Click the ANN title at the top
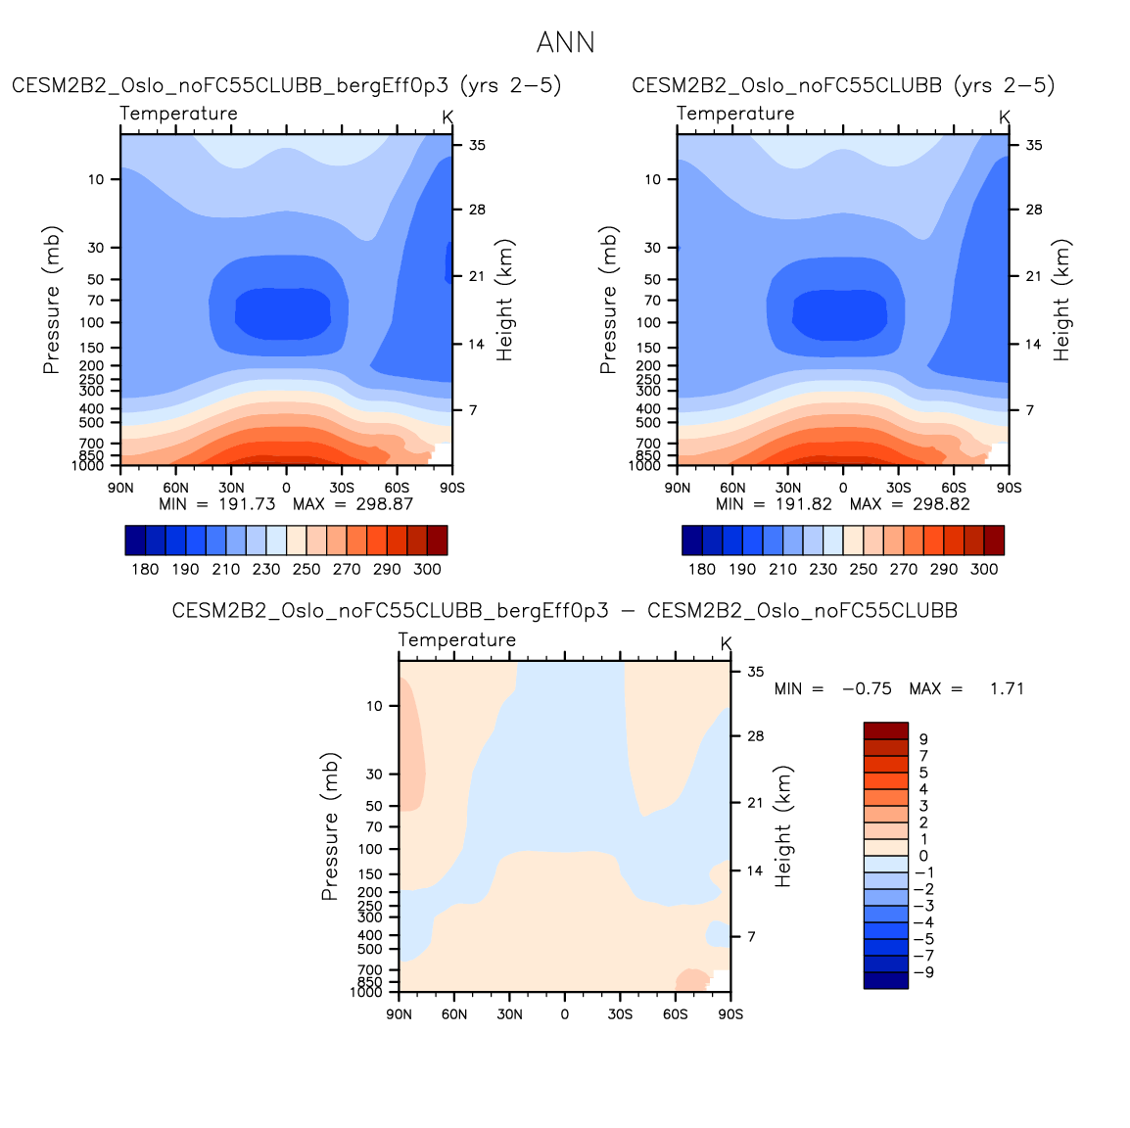(565, 43)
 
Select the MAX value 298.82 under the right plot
(940, 504)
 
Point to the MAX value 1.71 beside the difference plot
(1007, 689)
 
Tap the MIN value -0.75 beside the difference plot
(867, 689)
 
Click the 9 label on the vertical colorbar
(923, 739)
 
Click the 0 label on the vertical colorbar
(923, 856)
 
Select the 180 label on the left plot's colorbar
(145, 569)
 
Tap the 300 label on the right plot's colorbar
(984, 569)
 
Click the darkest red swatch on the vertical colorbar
(885, 730)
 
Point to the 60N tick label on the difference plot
(454, 1014)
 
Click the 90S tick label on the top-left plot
(451, 488)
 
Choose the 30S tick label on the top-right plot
(898, 488)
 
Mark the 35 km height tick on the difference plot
(756, 672)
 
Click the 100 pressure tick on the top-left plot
(92, 322)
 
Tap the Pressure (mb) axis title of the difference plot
(330, 826)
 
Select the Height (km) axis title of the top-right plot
(1062, 300)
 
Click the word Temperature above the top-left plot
(179, 114)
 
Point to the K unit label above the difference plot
(726, 644)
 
